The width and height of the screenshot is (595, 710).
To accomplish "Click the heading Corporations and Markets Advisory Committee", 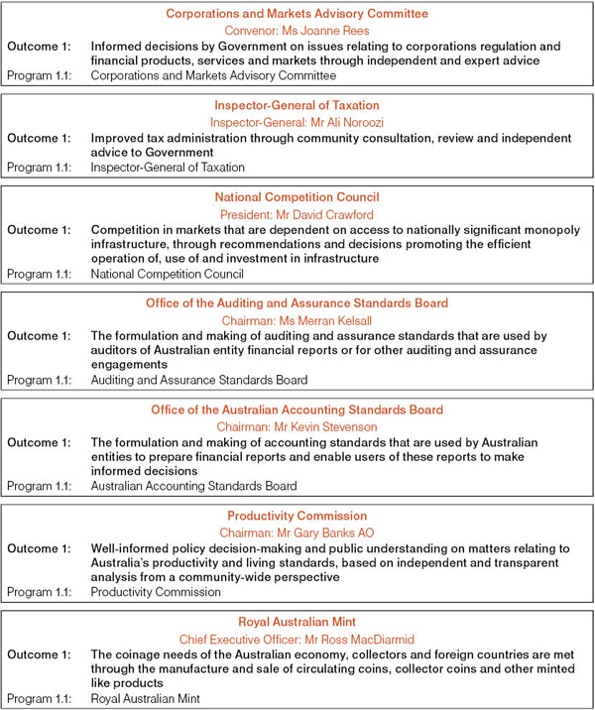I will pyautogui.click(x=297, y=14).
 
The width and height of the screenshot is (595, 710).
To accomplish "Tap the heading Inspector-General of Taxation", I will pyautogui.click(x=297, y=105).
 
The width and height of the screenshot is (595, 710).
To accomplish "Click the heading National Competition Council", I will pyautogui.click(x=297, y=197).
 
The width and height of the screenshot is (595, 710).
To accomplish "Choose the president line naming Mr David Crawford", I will pyautogui.click(x=297, y=213).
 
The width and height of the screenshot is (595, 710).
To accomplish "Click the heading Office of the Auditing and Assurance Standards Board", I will pyautogui.click(x=297, y=303).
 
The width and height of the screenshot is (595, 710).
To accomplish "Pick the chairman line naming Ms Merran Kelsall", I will pyautogui.click(x=297, y=319).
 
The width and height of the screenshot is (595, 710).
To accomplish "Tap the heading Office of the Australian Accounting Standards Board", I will pyautogui.click(x=297, y=410).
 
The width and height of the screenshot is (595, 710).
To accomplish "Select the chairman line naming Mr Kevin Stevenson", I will pyautogui.click(x=297, y=426).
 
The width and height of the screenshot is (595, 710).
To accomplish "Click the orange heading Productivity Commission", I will pyautogui.click(x=297, y=516).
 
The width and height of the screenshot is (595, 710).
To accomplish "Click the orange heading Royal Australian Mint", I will pyautogui.click(x=297, y=622).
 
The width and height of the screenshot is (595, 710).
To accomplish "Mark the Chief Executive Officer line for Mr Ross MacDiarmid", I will pyautogui.click(x=297, y=639).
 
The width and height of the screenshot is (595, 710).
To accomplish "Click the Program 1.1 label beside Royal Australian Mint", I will pyautogui.click(x=40, y=698).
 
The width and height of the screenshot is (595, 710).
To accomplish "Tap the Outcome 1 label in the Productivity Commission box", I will pyautogui.click(x=40, y=548).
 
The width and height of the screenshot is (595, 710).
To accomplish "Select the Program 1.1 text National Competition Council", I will pyautogui.click(x=167, y=274).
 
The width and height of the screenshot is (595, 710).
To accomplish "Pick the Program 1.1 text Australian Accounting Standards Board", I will pyautogui.click(x=193, y=486).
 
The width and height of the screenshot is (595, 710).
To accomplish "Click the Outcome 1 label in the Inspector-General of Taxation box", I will pyautogui.click(x=40, y=138).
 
